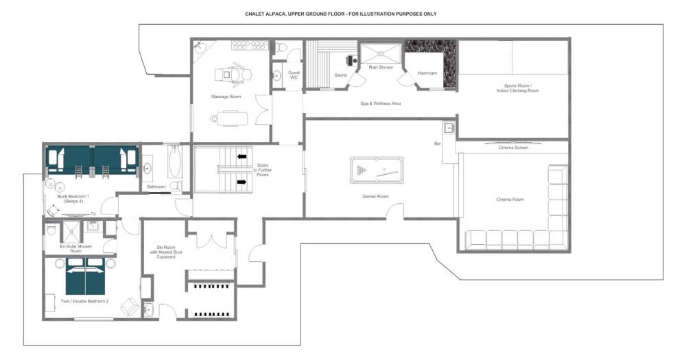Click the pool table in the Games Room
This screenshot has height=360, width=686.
[377, 170]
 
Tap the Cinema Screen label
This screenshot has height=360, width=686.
[513, 148]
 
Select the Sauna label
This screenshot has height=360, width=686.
[340, 75]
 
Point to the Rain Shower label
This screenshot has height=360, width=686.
[381, 67]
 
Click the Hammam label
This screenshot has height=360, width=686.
[427, 73]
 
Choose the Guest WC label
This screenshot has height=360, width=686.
[294, 75]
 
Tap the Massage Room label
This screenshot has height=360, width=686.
[226, 97]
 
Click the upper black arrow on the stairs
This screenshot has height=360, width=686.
[241, 156]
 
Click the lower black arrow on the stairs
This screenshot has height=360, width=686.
[241, 182]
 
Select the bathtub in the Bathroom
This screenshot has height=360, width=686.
[174, 162]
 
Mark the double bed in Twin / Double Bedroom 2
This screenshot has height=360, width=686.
[85, 276]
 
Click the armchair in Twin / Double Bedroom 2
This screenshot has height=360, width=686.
[130, 307]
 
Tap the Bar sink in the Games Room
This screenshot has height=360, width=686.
[449, 129]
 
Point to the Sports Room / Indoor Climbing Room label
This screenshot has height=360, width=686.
[517, 88]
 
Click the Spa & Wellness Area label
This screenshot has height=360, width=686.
[380, 104]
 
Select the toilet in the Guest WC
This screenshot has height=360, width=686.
[281, 47]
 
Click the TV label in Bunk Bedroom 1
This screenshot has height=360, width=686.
[93, 214]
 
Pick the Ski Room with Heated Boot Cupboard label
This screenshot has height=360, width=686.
[165, 252]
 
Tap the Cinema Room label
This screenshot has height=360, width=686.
[510, 200]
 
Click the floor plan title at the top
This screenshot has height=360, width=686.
[340, 14]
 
